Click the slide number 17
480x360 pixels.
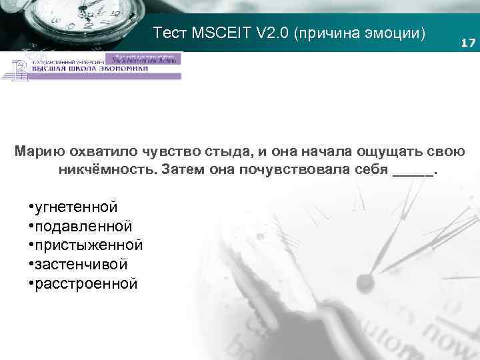click(x=469, y=43)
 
